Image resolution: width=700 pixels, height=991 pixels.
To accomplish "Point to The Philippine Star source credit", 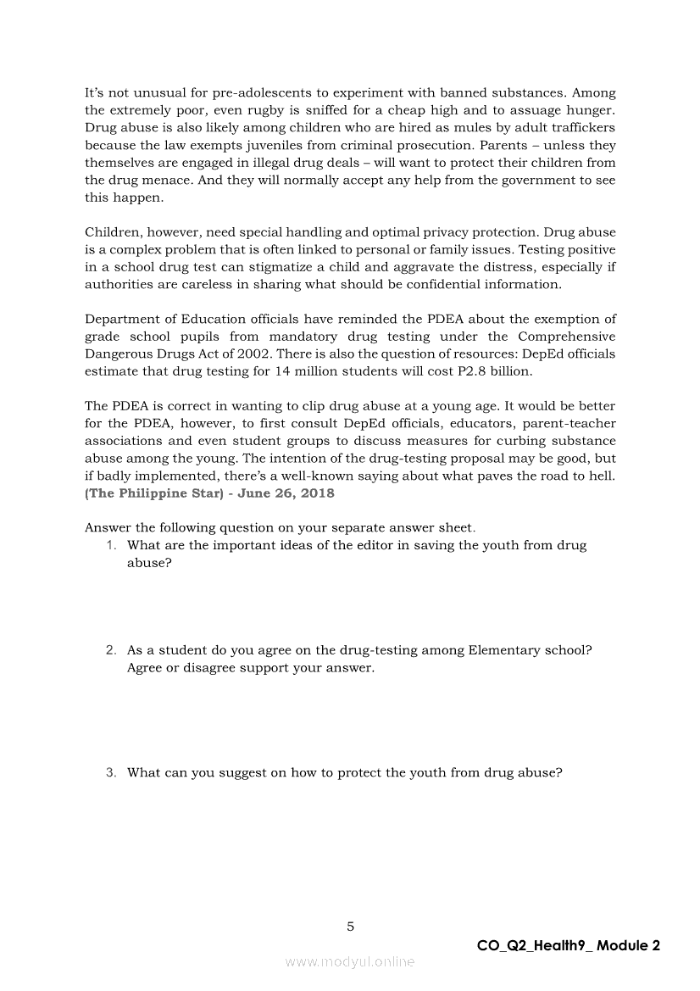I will tap(148, 493).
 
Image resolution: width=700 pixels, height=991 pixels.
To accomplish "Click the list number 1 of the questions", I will tap(112, 545).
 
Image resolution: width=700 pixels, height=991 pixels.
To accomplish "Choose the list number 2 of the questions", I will tap(111, 650).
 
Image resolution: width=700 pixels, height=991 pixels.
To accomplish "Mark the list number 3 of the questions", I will tap(111, 772).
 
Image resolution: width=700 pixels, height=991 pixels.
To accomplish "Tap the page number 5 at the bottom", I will tap(350, 927).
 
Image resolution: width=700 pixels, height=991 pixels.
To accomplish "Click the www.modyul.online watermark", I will tap(350, 961).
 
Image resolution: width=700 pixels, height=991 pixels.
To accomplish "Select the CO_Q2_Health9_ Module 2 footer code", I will tap(569, 946).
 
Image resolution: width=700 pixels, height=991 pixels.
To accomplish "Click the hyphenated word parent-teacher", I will tap(569, 424).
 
